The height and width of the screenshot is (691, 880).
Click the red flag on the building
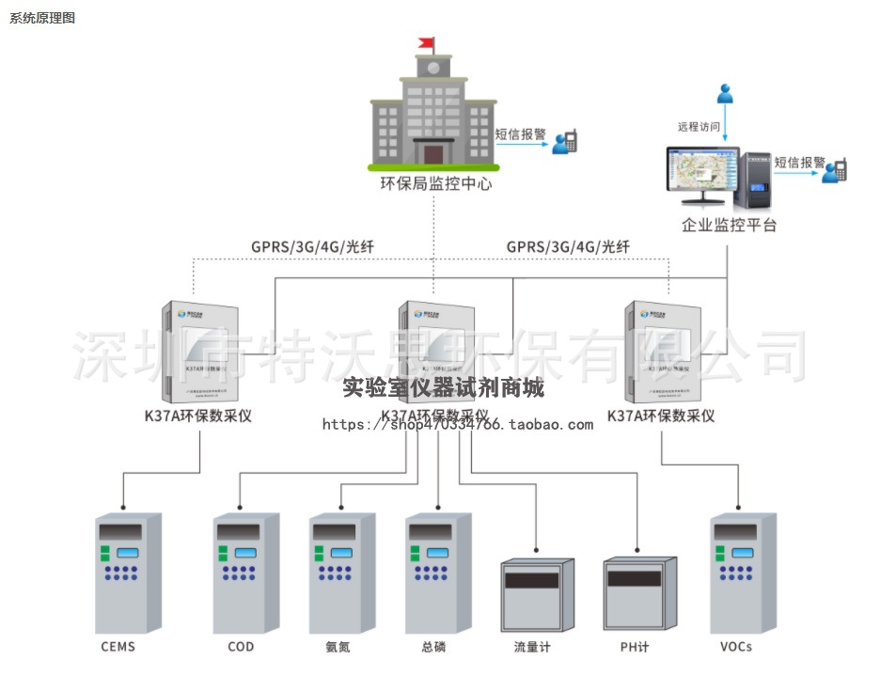(x=428, y=42)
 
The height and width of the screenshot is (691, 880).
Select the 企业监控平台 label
(x=730, y=226)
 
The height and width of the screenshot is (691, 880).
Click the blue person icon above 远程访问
(x=725, y=93)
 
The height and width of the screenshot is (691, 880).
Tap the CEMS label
(x=118, y=647)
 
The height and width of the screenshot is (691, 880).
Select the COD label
(x=241, y=647)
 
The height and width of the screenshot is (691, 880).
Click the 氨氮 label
(x=338, y=647)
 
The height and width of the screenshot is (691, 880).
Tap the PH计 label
(x=635, y=647)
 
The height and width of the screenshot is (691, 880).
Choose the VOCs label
(x=736, y=647)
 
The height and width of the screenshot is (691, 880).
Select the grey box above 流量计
(x=536, y=593)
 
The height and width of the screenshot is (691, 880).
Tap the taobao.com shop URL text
(x=458, y=425)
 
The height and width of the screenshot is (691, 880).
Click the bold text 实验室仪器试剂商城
(x=443, y=387)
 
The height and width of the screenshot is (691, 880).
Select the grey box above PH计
(x=639, y=593)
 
